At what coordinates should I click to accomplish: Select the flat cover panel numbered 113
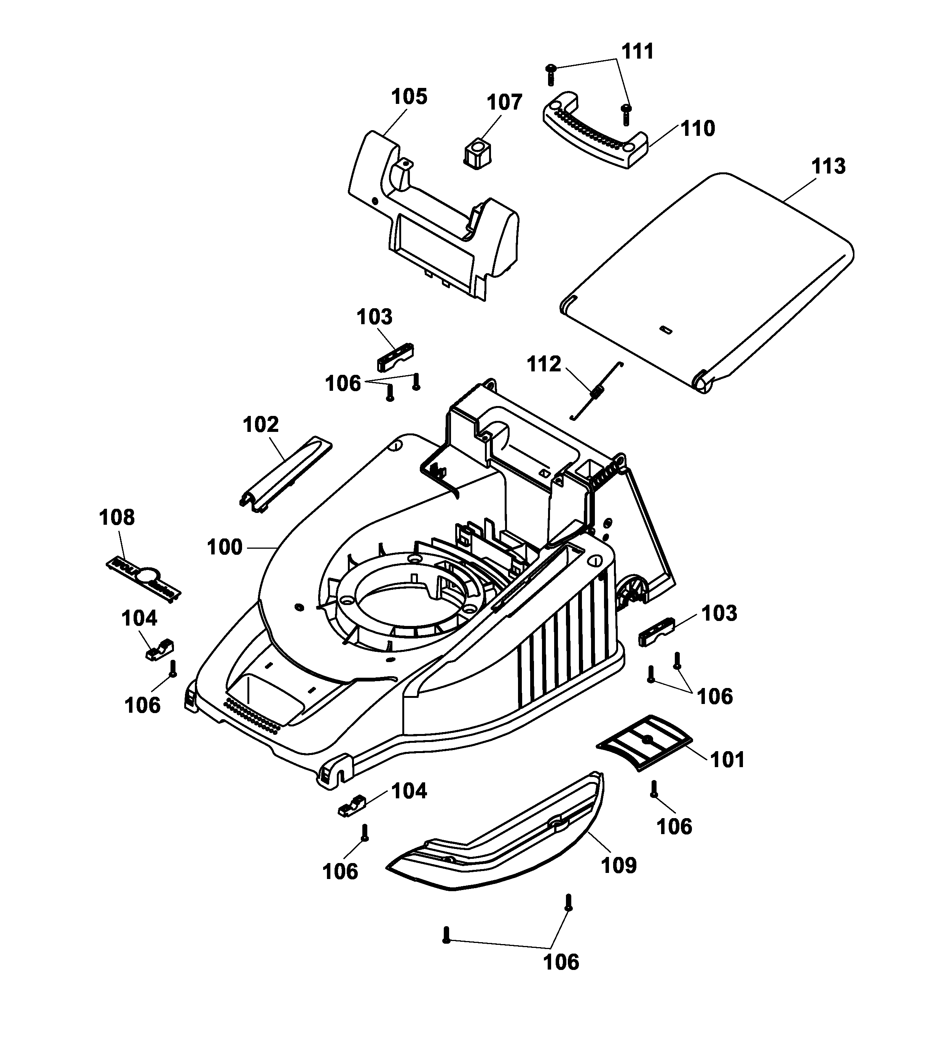[x=704, y=278]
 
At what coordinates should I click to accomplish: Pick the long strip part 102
[x=286, y=473]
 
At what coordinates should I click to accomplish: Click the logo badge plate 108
[x=143, y=578]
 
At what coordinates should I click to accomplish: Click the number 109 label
[x=619, y=865]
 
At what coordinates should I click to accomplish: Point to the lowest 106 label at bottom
[x=561, y=962]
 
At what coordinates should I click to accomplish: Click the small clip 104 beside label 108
[x=158, y=650]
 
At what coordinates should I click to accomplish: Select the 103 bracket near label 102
[x=395, y=357]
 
